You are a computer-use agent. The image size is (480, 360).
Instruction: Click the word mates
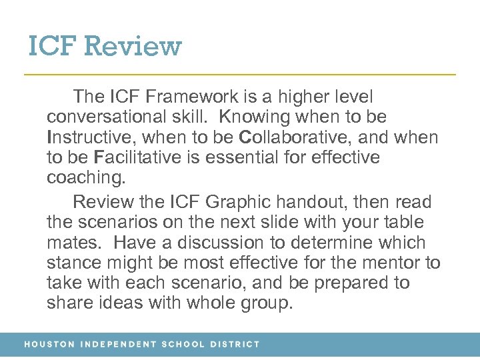pyautogui.click(x=70, y=243)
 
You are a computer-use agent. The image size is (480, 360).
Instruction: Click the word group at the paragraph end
pyautogui.click(x=265, y=303)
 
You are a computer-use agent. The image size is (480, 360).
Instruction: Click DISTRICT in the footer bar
pyautogui.click(x=235, y=345)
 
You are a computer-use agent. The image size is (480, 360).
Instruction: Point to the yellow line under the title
pyautogui.click(x=240, y=73)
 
